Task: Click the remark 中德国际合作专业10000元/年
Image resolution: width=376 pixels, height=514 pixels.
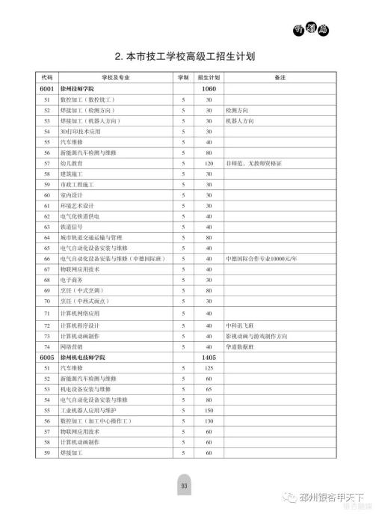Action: point(261,258)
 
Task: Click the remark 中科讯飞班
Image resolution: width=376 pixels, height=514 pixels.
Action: point(238,326)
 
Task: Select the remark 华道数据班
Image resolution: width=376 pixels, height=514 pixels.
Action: point(238,347)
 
